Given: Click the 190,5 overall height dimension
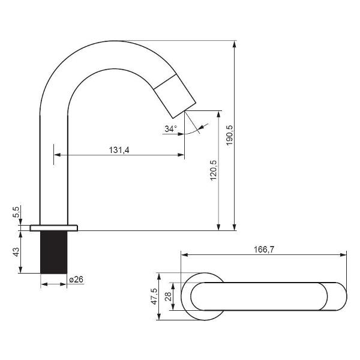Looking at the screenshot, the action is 229,135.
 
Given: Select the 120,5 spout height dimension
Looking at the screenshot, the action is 214,170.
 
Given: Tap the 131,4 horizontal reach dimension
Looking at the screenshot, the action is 119,150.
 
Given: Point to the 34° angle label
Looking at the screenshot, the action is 171,129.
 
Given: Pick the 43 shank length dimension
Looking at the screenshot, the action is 16,252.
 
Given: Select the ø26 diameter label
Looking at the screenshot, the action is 76,280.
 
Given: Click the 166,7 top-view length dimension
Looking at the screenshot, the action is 264,250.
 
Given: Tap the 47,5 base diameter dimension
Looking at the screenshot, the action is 154,296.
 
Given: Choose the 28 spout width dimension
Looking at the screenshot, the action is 168,296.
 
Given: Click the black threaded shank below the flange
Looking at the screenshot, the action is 54,252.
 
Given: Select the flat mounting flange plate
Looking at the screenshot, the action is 54,228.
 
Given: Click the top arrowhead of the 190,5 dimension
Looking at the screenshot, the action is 235,44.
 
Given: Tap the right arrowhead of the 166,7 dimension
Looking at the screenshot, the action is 343,254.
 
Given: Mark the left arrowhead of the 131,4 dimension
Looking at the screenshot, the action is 58,155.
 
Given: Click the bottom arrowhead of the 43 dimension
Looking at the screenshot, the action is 20,270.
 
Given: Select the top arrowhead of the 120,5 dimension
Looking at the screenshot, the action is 218,114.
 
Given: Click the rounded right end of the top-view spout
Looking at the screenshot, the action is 337,296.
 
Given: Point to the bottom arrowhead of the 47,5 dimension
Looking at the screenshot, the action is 158,316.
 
